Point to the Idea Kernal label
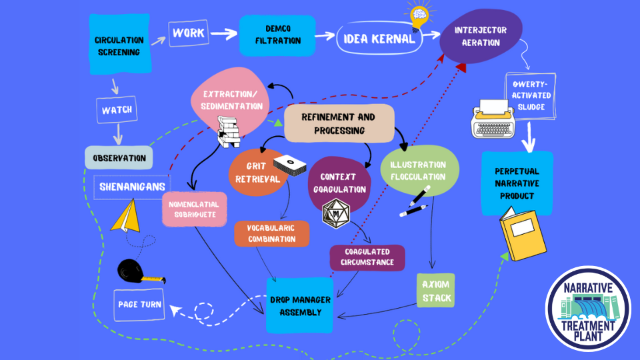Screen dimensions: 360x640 [379, 39]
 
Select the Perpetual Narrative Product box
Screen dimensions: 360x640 [517, 183]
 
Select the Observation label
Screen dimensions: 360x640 [119, 158]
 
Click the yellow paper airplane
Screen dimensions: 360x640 [128, 217]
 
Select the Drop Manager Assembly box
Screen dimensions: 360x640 [299, 305]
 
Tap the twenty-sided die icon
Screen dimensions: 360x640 [335, 213]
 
